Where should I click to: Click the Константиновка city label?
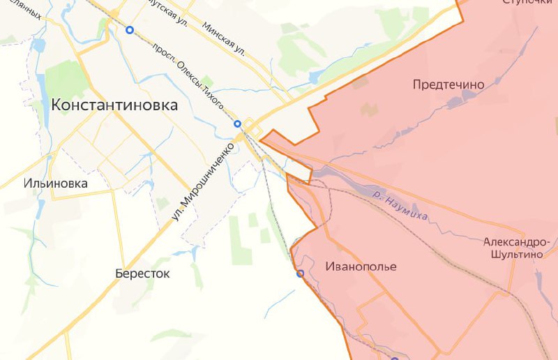coord(114,105)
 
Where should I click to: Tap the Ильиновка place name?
coord(56,183)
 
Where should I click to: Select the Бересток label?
coord(142,273)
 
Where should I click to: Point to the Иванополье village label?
coord(361,267)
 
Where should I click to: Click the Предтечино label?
coord(448,84)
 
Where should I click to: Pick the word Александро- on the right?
coord(516,242)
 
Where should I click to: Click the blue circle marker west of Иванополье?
coord(301,273)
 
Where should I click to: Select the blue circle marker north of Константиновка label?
coord(130,30)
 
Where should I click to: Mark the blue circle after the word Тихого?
coord(237,123)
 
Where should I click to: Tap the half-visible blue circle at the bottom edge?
coord(394,359)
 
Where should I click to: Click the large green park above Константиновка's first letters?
coord(66,79)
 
